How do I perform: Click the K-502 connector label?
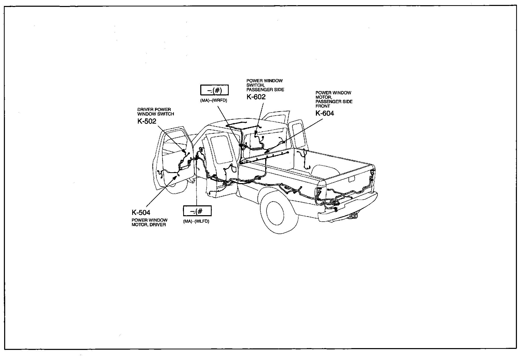(x=147, y=121)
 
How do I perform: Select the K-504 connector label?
(x=141, y=213)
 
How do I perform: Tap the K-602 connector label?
(x=256, y=97)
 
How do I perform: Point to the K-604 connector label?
(x=325, y=113)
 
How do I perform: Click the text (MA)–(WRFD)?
(x=213, y=101)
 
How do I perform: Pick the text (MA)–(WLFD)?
(x=196, y=221)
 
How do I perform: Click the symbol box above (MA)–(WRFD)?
(x=214, y=90)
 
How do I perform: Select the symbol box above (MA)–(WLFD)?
(x=197, y=211)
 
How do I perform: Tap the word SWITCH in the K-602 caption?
(x=255, y=85)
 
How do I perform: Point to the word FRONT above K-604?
(x=323, y=106)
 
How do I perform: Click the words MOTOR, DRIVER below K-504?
(x=149, y=225)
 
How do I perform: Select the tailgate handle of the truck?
(x=352, y=179)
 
